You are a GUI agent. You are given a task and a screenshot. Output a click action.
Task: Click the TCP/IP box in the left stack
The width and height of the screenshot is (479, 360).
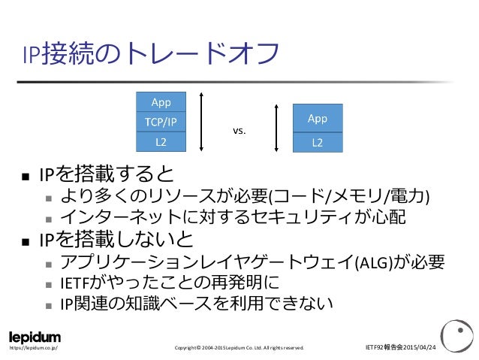coord(160,121)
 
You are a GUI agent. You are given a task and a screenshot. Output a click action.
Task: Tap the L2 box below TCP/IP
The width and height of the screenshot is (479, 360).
coord(160,141)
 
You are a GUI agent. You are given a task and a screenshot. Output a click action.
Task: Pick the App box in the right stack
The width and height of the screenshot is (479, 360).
coord(318,119)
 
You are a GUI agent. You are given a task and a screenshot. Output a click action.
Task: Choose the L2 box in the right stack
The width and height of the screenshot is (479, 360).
coord(318,141)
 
